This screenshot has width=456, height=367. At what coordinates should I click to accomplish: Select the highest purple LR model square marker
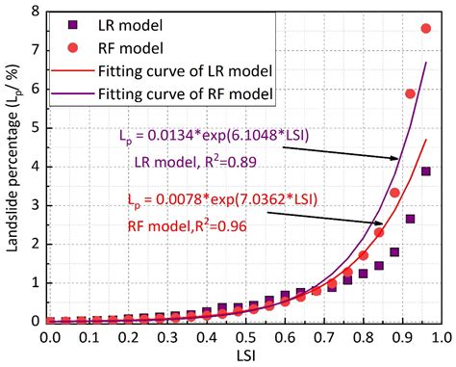pos(426,171)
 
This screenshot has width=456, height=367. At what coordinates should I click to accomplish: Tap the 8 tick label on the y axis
pos(35,12)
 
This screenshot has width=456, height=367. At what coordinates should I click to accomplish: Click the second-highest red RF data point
pos(410,93)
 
